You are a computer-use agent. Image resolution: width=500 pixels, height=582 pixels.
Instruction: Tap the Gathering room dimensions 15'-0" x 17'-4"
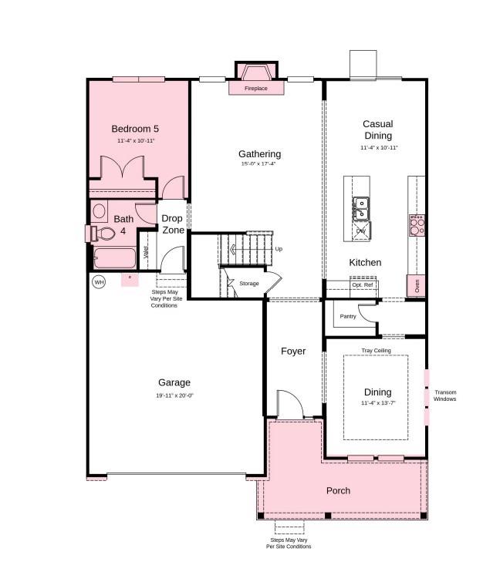pyautogui.click(x=258, y=163)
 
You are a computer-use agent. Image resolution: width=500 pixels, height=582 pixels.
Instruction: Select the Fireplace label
pyautogui.click(x=255, y=89)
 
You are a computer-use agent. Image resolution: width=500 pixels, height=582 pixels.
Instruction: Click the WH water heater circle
pyautogui.click(x=99, y=282)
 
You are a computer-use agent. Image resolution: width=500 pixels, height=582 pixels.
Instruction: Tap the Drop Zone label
pyautogui.click(x=173, y=224)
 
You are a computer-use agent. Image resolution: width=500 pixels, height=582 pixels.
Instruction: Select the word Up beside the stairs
pyautogui.click(x=279, y=249)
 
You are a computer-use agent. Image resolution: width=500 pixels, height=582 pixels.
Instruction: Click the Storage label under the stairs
pyautogui.click(x=248, y=284)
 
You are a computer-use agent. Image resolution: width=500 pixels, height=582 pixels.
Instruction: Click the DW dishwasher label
pyautogui.click(x=360, y=230)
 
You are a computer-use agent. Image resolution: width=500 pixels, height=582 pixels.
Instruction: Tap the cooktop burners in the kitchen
pyautogui.click(x=417, y=224)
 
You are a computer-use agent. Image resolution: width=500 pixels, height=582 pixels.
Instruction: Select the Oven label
pyautogui.click(x=417, y=285)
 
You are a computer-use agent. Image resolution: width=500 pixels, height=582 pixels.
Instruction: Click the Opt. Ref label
pyautogui.click(x=362, y=285)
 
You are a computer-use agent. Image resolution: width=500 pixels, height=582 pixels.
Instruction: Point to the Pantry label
pyautogui.click(x=348, y=316)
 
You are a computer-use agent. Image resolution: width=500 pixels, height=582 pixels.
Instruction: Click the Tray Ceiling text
pyautogui.click(x=376, y=351)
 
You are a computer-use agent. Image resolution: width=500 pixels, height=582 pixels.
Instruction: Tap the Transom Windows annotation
pyautogui.click(x=444, y=395)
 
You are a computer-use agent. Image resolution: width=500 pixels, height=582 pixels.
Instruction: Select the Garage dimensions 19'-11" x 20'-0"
pyautogui.click(x=174, y=395)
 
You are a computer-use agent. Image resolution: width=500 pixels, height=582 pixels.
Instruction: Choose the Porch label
pyautogui.click(x=338, y=490)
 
